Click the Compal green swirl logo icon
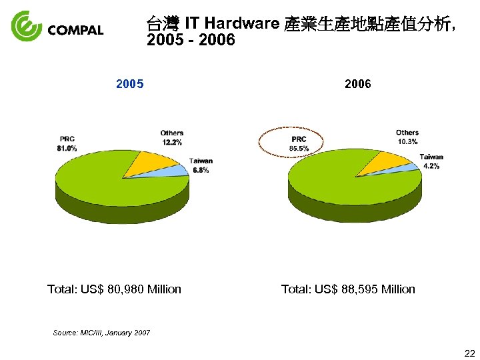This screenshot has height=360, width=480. pos(27,26)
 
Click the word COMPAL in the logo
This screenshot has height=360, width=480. pos(76,30)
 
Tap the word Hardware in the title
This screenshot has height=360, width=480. pos(242,24)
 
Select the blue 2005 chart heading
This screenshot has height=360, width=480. pos(129,85)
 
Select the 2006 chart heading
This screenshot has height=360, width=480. pos(358,85)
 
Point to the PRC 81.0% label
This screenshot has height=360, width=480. pos(67,143)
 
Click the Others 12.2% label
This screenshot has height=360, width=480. pos(172,137)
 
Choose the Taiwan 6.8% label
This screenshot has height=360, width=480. pos(201,165)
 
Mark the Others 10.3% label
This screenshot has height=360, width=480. pos(407,137)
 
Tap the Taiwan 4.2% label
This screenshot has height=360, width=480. pos(431,161)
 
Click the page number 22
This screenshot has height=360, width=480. pos(469,353)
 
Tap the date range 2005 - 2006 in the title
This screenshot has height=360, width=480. pos(191,41)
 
